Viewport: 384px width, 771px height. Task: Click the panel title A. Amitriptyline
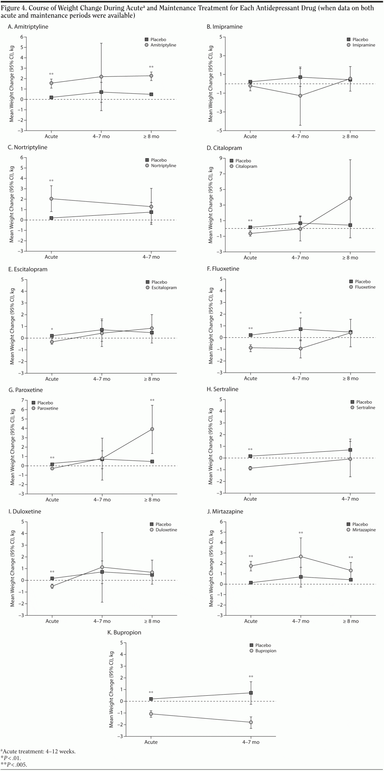click(28, 27)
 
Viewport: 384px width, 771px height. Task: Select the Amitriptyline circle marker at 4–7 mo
click(101, 77)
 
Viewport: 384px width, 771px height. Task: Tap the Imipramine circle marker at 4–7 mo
click(300, 96)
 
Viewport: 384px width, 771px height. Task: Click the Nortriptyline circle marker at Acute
click(52, 199)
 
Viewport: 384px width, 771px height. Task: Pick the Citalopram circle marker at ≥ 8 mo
click(350, 198)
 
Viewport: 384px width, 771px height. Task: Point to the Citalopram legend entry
click(246, 166)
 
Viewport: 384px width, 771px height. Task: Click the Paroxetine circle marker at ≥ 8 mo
click(152, 429)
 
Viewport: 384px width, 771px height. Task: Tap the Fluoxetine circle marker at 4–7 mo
click(300, 348)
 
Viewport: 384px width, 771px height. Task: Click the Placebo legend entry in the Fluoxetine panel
click(363, 282)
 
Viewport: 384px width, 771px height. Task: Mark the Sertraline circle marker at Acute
click(250, 468)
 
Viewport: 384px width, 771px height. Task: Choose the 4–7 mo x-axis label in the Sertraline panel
click(350, 499)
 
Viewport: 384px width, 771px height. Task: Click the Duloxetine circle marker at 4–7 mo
click(102, 567)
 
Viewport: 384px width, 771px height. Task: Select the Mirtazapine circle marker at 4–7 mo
click(301, 556)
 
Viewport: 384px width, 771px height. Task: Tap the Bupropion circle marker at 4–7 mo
click(251, 722)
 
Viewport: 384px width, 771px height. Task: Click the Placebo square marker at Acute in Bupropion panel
click(151, 699)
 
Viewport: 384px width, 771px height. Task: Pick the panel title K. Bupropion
click(125, 632)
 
